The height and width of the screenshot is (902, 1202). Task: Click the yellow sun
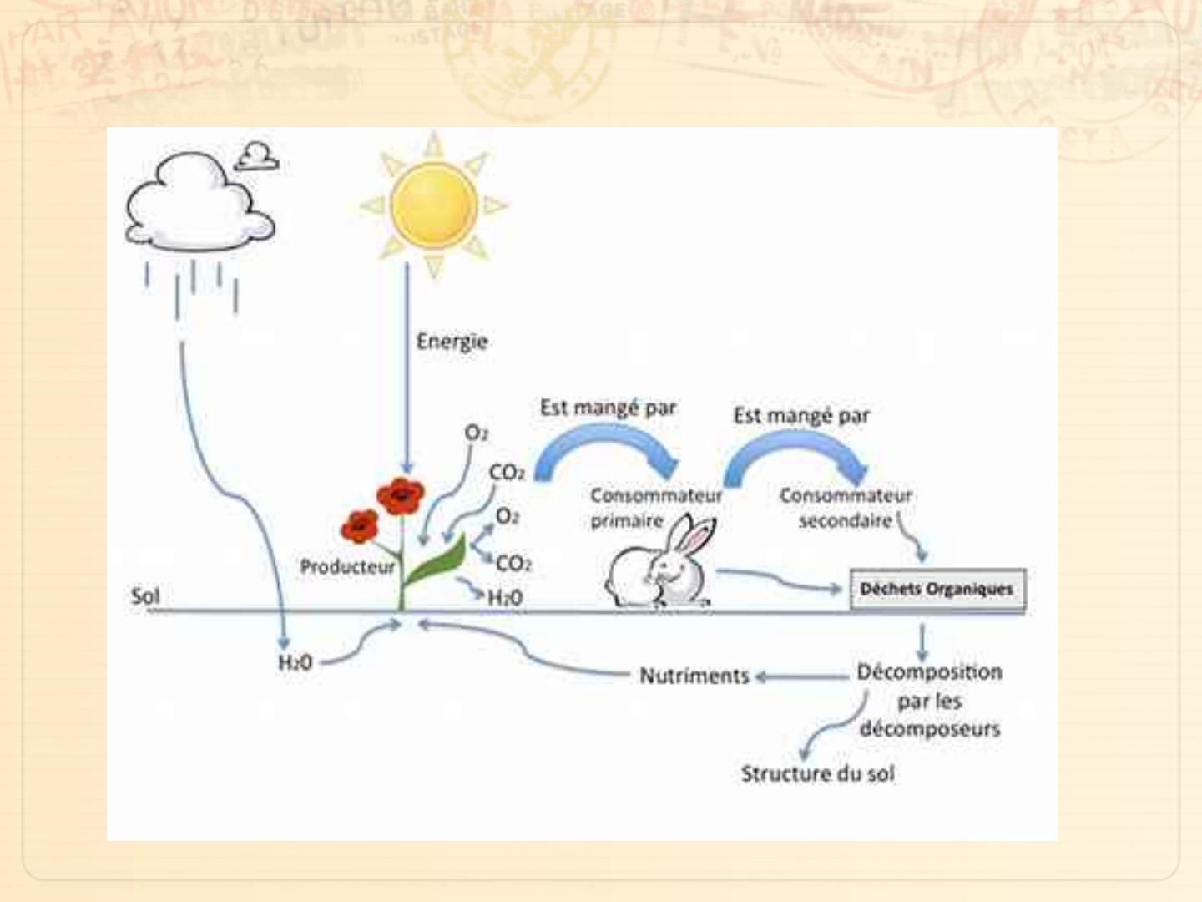(434, 205)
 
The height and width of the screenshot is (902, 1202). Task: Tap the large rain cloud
(198, 205)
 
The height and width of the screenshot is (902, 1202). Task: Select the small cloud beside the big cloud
(256, 156)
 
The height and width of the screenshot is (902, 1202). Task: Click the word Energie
(452, 342)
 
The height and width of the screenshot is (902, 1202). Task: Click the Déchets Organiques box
(937, 590)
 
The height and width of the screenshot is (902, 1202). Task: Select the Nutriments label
(694, 676)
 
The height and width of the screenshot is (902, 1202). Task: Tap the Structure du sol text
(817, 774)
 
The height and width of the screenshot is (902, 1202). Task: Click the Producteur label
(347, 567)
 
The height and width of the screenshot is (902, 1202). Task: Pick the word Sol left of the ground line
(144, 596)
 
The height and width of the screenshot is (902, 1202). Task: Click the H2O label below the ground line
(295, 663)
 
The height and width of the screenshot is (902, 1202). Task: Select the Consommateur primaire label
(655, 508)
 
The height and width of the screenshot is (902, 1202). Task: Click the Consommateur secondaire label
(845, 508)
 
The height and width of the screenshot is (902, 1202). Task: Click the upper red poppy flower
(401, 496)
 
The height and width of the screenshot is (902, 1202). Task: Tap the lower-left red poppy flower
(360, 526)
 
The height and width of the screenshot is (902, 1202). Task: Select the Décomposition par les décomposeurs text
(929, 700)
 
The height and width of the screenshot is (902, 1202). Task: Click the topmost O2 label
(476, 433)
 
